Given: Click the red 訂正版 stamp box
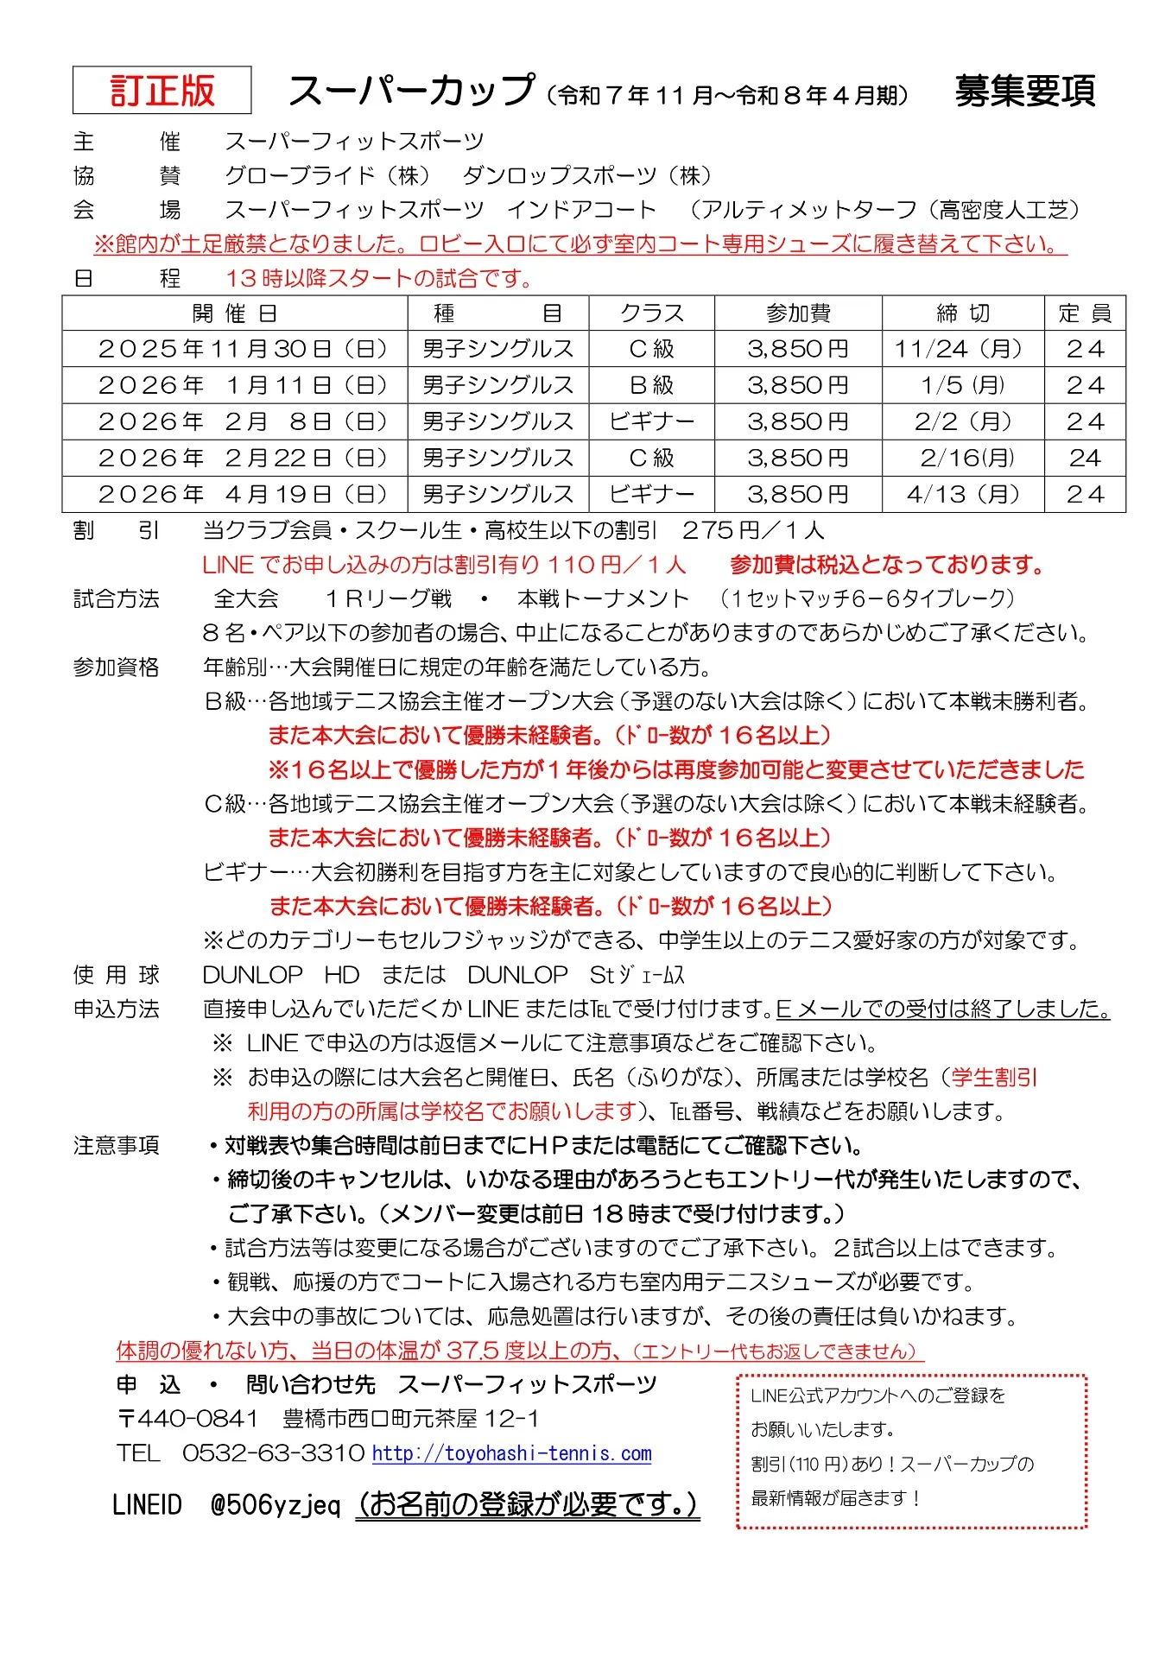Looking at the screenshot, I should click(x=162, y=91).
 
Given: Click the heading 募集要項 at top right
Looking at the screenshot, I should click(x=1024, y=91).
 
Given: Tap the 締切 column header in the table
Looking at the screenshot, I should click(x=962, y=313).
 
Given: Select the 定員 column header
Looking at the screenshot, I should click(x=1084, y=313).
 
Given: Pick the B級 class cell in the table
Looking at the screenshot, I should click(x=651, y=385).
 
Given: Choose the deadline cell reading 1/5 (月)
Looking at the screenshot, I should click(x=962, y=385).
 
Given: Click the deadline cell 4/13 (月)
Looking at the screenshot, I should click(x=962, y=494).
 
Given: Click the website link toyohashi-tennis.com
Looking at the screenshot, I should click(x=511, y=1453).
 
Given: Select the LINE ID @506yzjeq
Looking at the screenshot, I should click(x=276, y=1505).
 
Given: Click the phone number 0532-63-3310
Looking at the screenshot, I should click(x=273, y=1453).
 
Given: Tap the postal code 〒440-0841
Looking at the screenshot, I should click(x=187, y=1419).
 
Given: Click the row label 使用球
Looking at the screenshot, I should click(x=117, y=975).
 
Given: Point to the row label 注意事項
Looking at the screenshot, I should click(x=117, y=1146).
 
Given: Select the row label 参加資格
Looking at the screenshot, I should click(x=117, y=668).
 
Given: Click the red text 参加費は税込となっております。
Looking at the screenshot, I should click(x=888, y=565).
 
